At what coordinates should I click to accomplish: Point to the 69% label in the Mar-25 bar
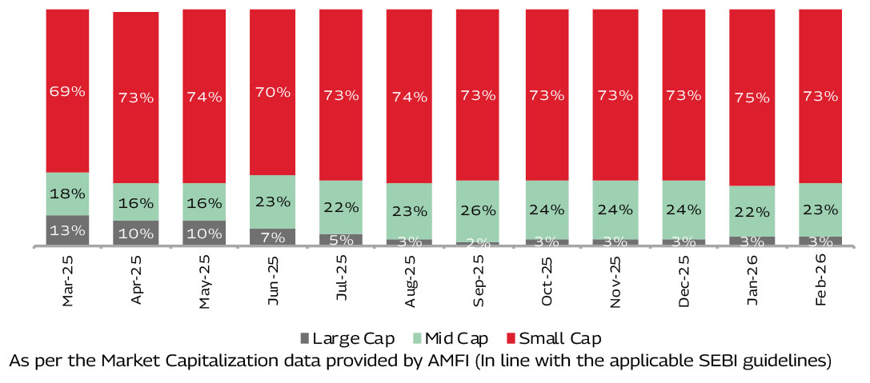[x=67, y=91]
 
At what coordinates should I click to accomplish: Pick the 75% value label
[x=752, y=98]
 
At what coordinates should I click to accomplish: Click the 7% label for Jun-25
[x=273, y=237]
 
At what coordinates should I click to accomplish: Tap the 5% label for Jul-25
[x=342, y=240]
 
